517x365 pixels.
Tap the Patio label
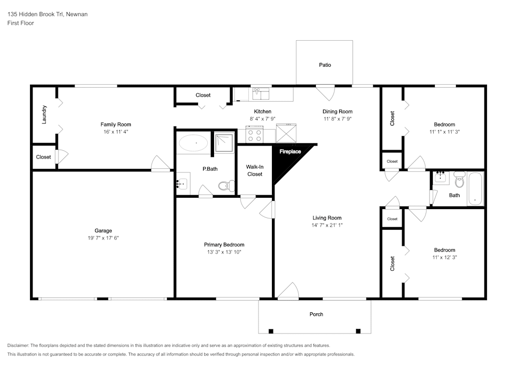pos(325,65)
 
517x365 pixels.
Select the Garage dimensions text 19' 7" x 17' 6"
pos(103,238)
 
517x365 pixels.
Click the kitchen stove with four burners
pos(254,135)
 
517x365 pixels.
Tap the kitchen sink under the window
pos(258,94)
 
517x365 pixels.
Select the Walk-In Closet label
pos(254,170)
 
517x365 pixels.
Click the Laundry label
pos(44,115)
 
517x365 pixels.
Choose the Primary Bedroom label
pos(224,245)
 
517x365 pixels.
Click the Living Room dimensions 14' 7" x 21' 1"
pos(327,225)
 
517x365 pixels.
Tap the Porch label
pos(316,314)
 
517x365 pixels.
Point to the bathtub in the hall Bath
pos(475,189)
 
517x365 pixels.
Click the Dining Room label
pos(337,112)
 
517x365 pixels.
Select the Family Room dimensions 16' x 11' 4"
pos(115,132)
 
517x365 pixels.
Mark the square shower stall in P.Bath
pos(224,143)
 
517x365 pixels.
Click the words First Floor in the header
pos(21,23)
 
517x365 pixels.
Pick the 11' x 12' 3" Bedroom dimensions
pos(444,257)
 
